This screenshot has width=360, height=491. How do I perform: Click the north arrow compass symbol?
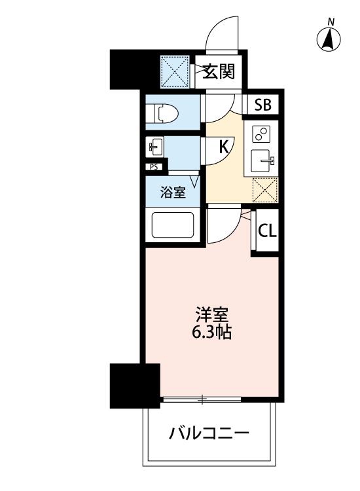[329, 38]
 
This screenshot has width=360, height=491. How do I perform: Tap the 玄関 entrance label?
[218, 71]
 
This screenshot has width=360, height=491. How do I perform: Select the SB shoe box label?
[262, 105]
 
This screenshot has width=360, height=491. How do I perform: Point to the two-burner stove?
[261, 134]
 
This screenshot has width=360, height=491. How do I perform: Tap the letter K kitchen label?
[223, 147]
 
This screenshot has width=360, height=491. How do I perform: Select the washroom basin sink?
[154, 147]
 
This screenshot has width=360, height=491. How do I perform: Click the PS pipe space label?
[154, 167]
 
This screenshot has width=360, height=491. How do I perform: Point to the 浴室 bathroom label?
[173, 192]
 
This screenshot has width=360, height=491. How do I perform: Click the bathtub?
[173, 225]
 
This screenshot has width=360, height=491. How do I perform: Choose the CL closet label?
[267, 231]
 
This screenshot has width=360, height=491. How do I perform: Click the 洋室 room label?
[211, 315]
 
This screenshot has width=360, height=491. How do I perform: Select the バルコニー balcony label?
[209, 433]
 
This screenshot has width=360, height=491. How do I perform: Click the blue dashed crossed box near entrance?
[175, 72]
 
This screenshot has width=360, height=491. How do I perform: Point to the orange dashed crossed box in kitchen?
[265, 190]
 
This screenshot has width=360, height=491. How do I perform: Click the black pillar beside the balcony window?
[135, 386]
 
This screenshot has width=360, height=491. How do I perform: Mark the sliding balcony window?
[202, 399]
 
